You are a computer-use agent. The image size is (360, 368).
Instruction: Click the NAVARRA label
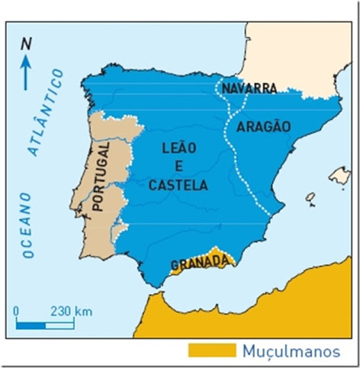pos(249,89)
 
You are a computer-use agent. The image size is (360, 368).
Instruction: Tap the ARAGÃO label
pos(263,127)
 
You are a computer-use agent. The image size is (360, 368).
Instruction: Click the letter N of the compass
pos(26,44)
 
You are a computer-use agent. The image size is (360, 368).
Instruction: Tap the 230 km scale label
pos(71,312)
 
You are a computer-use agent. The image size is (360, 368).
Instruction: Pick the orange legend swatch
pos(211,350)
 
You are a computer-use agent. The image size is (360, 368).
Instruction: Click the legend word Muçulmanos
pos(290,351)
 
